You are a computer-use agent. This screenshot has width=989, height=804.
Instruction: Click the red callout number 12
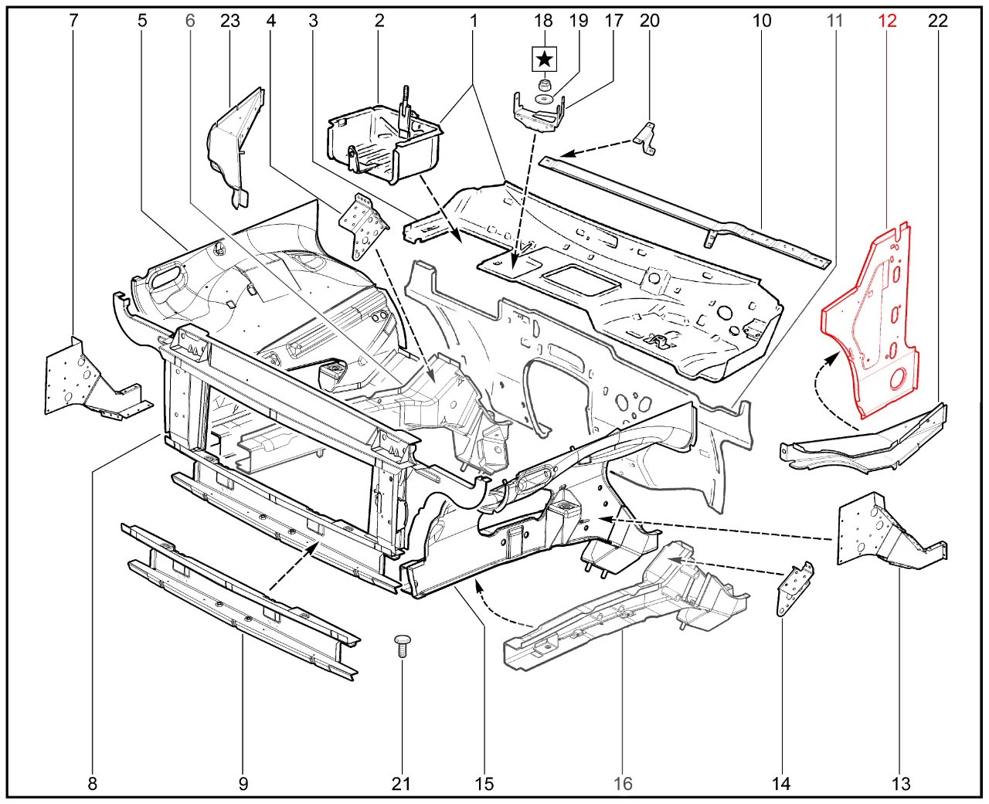tap(887, 21)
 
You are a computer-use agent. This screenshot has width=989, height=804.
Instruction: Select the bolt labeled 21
tap(402, 645)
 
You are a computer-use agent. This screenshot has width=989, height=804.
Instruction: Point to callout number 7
tap(73, 21)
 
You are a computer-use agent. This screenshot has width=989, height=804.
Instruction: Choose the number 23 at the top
tap(230, 21)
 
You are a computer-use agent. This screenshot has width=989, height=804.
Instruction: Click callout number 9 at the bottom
tap(243, 784)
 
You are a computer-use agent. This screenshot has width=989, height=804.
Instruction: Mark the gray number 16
tap(623, 784)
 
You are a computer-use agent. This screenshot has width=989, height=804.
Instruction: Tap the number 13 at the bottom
tap(901, 784)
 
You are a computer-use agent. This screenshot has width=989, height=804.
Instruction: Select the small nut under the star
tap(544, 83)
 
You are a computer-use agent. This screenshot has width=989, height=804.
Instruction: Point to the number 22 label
tap(937, 21)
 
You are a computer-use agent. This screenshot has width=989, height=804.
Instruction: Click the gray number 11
tap(834, 21)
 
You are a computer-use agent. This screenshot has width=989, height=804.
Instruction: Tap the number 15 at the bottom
tap(484, 784)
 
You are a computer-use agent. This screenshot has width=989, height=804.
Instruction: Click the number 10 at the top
tap(762, 21)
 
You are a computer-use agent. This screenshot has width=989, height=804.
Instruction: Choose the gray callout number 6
tap(190, 21)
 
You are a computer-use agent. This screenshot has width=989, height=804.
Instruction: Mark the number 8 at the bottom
tap(93, 784)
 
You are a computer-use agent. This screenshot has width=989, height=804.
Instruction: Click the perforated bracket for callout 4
tap(362, 226)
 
